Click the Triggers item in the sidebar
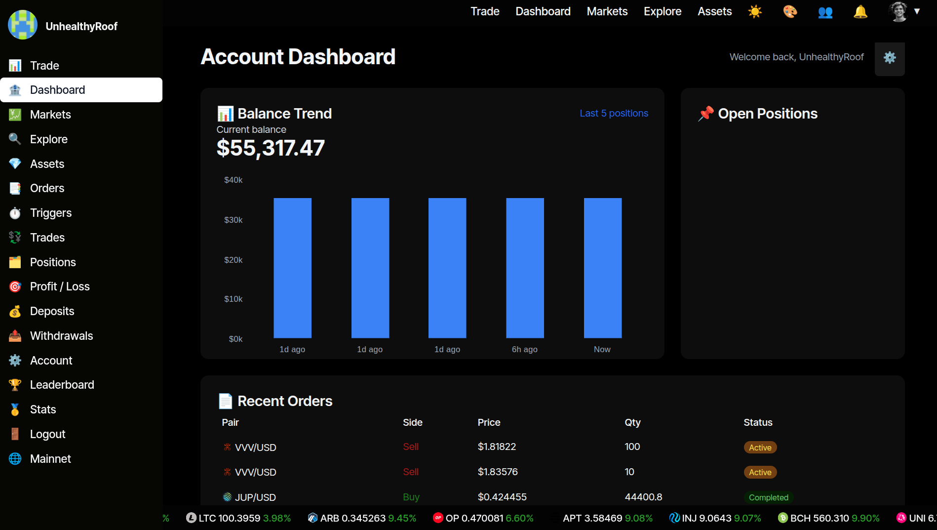(50, 213)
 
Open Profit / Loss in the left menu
(59, 286)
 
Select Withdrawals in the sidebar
(61, 336)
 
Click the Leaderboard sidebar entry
(62, 385)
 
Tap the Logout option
(47, 434)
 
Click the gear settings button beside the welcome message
(889, 58)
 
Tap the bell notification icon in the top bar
(860, 11)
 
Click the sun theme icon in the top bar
(755, 11)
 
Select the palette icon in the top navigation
(790, 11)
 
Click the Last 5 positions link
(614, 113)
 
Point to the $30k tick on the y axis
(233, 220)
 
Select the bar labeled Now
(602, 268)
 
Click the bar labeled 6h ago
(525, 268)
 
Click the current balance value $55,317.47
(271, 148)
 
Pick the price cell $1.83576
(498, 472)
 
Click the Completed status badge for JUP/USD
(768, 497)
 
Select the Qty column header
(632, 422)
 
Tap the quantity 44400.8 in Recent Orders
(643, 497)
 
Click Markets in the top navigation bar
(607, 11)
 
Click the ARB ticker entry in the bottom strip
(362, 518)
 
